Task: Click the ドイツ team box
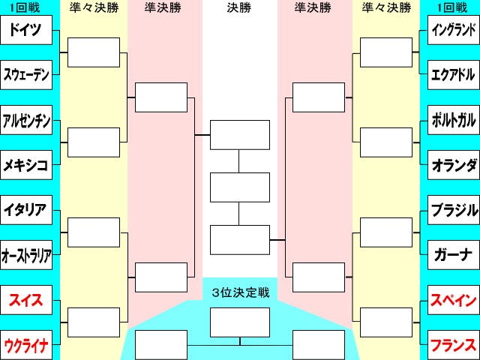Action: [26, 30]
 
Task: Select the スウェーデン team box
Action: [26, 75]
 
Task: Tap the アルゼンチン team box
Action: [26, 120]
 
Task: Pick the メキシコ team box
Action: [26, 165]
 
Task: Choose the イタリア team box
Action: [26, 210]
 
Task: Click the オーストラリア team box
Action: [26, 255]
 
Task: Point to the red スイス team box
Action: [26, 300]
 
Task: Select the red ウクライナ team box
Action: [26, 345]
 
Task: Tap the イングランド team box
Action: [454, 30]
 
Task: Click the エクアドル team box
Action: [454, 75]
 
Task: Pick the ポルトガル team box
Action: [454, 120]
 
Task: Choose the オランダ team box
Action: [454, 165]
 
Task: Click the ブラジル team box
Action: [454, 210]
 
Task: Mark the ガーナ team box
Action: [454, 255]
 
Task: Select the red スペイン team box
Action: [454, 300]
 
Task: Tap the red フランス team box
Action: [454, 345]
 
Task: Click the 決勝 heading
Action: [239, 7]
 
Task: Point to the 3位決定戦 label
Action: [241, 292]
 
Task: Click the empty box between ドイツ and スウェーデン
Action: [94, 52]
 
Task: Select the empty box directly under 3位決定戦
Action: [240, 322]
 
